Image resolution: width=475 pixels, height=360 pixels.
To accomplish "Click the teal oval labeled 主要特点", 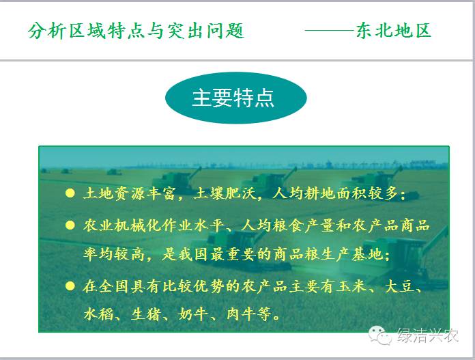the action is [x=236, y=98].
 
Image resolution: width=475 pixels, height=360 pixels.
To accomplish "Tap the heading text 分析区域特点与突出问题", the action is [x=136, y=31].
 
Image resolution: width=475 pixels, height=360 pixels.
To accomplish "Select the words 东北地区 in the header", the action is [x=394, y=30].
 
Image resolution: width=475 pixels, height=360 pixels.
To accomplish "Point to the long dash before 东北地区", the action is [x=330, y=30].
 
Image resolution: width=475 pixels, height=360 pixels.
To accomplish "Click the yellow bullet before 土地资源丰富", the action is [x=70, y=193].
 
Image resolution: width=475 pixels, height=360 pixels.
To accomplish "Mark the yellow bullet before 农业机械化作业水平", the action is [x=70, y=225].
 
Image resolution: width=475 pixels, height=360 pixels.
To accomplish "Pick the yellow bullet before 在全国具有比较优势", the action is [x=70, y=286].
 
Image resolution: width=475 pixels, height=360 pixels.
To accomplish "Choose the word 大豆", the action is [x=400, y=286].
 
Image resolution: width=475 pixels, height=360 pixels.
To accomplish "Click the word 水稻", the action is [x=98, y=314].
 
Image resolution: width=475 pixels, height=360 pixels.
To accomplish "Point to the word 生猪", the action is [x=146, y=314].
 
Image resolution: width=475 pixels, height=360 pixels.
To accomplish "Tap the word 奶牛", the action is [x=193, y=314].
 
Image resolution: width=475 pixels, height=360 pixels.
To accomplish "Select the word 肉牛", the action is [x=241, y=314].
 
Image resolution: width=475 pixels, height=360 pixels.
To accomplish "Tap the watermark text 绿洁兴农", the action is [x=428, y=335].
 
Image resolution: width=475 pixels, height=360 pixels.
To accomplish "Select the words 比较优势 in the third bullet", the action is [x=193, y=286].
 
